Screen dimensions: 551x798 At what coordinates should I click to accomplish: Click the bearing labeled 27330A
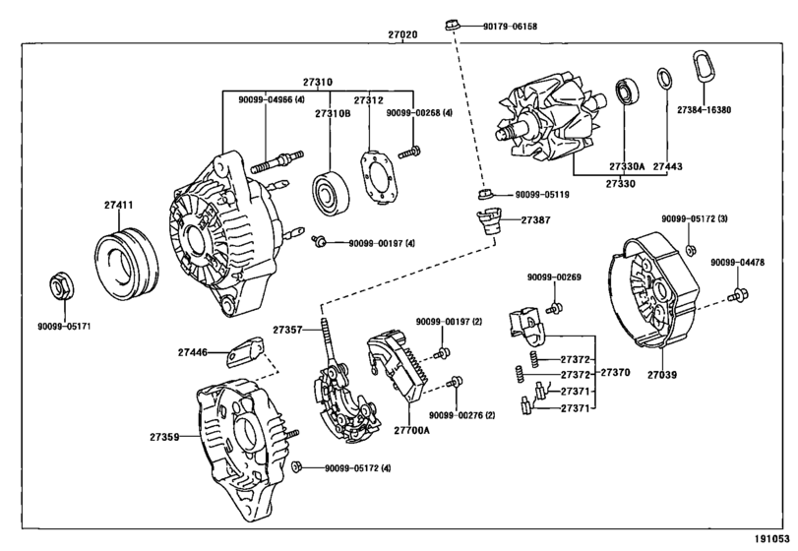[x=627, y=93]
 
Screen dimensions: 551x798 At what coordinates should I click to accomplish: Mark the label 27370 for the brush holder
[x=617, y=374]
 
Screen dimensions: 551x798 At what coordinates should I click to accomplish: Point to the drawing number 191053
[x=772, y=539]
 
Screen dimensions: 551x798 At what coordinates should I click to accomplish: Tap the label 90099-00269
[x=554, y=277]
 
